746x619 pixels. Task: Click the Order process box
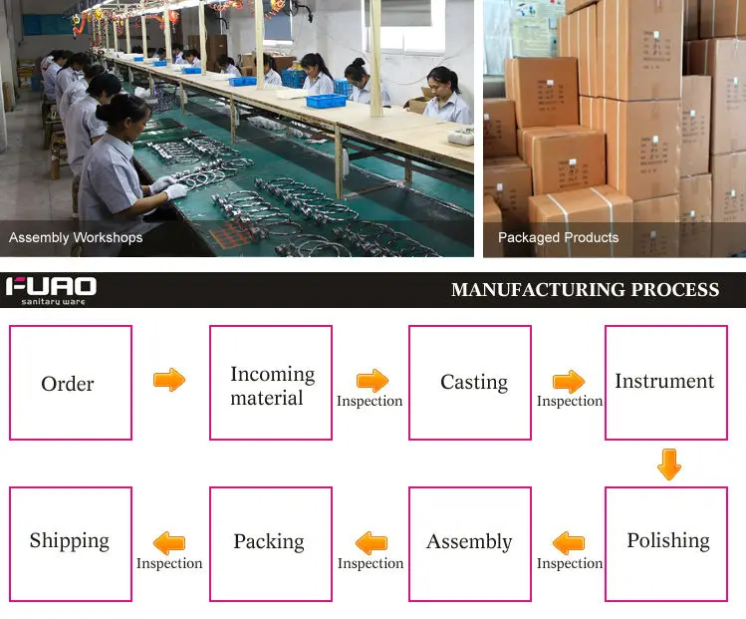(x=70, y=383)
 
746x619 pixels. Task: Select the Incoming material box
(x=270, y=383)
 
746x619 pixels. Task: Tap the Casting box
(x=470, y=383)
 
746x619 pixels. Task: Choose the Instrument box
(x=665, y=383)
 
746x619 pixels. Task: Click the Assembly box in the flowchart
(x=470, y=543)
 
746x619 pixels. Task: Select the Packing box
(x=270, y=543)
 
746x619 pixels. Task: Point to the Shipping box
(x=70, y=543)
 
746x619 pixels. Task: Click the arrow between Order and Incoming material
(x=169, y=380)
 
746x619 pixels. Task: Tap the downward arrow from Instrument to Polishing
(x=669, y=464)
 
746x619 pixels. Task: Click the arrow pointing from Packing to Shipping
(x=169, y=542)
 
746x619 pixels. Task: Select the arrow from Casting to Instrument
(x=569, y=381)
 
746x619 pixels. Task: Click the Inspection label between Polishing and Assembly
(x=570, y=563)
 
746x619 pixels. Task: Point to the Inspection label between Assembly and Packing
(x=371, y=563)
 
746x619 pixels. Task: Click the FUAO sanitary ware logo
(x=51, y=290)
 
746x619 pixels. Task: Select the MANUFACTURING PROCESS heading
(x=585, y=290)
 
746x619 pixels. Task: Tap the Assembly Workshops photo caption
(x=76, y=238)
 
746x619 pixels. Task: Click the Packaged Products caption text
(x=558, y=238)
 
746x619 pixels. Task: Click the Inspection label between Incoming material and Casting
(x=370, y=401)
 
